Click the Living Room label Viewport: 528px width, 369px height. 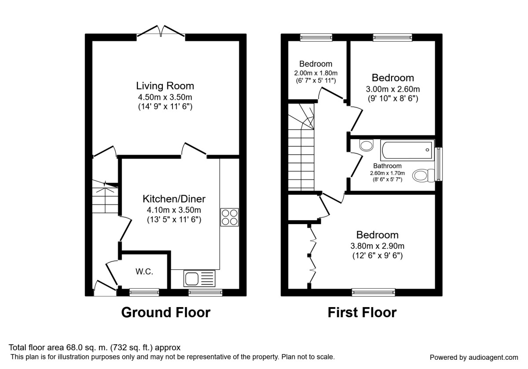coord(165,86)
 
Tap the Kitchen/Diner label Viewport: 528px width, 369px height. coord(174,199)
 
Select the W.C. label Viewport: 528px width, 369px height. coord(144,272)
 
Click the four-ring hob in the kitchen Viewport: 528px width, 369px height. coord(229,217)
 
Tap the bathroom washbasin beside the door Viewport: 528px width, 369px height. coord(365,145)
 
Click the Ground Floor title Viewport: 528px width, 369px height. coord(165,313)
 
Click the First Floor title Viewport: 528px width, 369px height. coord(362,313)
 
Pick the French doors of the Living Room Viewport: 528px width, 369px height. coord(161,32)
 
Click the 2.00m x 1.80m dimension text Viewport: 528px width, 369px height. coord(315,72)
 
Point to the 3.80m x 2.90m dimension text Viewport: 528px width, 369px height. coord(377,246)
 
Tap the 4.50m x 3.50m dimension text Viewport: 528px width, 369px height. coord(165,97)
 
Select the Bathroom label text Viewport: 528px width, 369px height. coord(387,166)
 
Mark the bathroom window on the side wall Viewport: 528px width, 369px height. coord(439,164)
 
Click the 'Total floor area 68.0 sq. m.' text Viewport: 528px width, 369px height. coord(95,347)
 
